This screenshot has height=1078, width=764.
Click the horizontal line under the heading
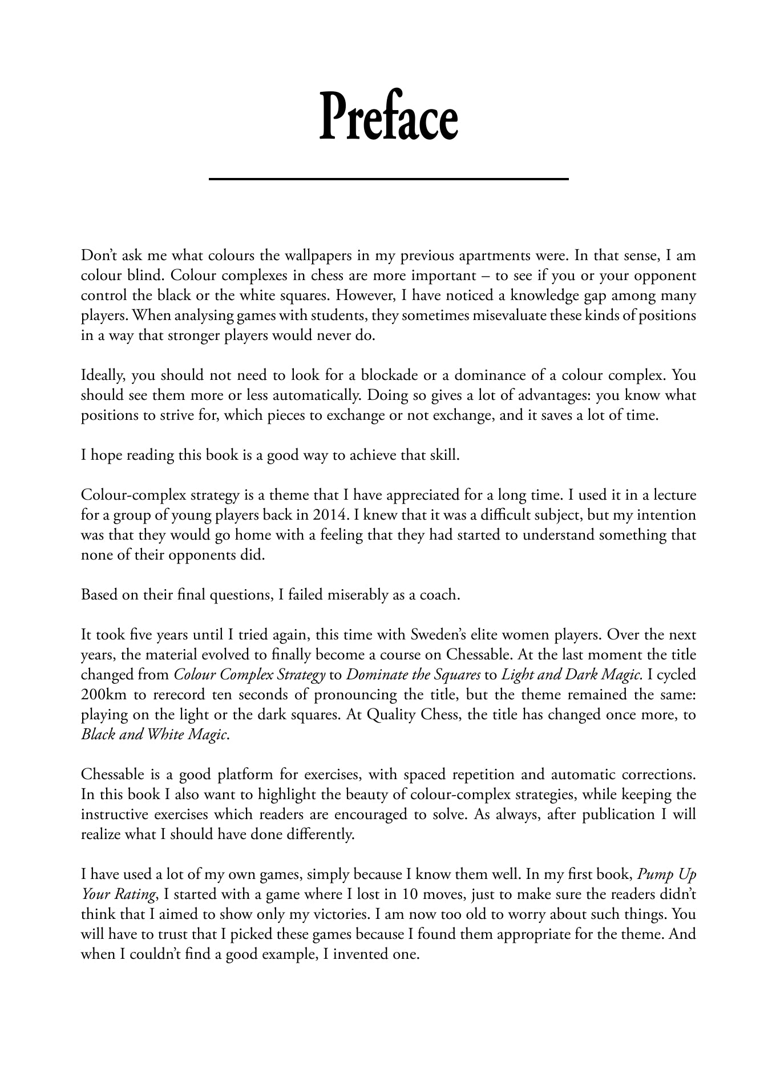coord(389,179)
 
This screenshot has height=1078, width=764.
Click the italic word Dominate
coord(373,675)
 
